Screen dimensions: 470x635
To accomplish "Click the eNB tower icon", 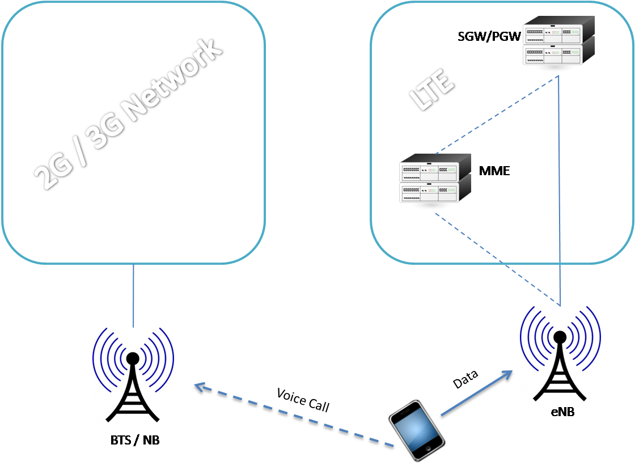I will [560, 354].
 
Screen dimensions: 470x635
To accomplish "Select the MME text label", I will [494, 170].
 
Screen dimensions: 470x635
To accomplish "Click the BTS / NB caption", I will [134, 439].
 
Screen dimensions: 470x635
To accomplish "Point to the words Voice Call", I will [303, 400].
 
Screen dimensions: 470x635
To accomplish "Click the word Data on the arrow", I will [465, 379].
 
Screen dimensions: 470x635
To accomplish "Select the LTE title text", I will [433, 90].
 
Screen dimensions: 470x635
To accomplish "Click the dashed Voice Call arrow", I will [295, 417].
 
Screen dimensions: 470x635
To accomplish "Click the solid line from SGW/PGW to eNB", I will [560, 193].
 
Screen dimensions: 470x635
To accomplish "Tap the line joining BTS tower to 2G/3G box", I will [133, 295].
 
